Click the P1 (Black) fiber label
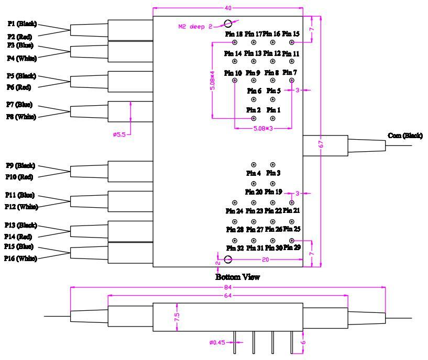click(x=21, y=25)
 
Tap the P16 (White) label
click(x=21, y=258)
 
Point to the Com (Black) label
click(x=405, y=136)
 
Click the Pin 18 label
click(x=234, y=34)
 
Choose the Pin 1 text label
click(x=273, y=110)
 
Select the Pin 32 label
click(x=235, y=248)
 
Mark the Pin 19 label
click(x=273, y=192)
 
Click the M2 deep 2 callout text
click(x=194, y=27)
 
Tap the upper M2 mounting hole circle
click(x=228, y=23)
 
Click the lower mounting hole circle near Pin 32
click(x=228, y=260)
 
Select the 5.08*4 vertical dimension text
click(x=212, y=81)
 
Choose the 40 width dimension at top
click(x=227, y=8)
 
